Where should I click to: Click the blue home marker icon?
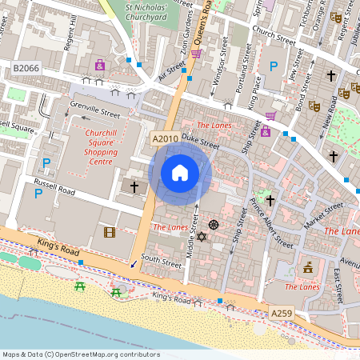point(180,172)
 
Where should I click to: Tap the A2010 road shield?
point(165,139)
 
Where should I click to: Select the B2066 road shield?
point(26,70)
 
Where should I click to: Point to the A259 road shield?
point(281,312)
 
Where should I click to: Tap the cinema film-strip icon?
point(109,233)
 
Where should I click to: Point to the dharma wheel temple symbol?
point(214,225)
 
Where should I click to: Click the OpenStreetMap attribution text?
point(80,354)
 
